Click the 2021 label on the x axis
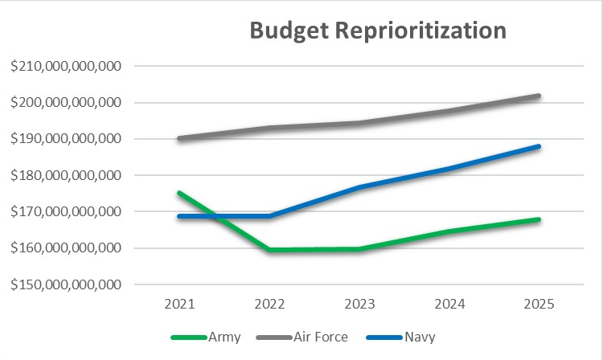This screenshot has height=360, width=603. [x=179, y=305]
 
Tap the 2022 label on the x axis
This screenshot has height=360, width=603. [x=269, y=305]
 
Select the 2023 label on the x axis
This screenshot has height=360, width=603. [x=359, y=305]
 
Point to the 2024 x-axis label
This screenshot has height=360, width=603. [x=449, y=305]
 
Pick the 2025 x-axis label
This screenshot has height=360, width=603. [x=539, y=305]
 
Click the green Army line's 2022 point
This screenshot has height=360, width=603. [x=269, y=250]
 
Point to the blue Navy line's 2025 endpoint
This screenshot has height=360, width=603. [x=539, y=146]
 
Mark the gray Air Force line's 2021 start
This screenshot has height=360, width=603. [x=179, y=138]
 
